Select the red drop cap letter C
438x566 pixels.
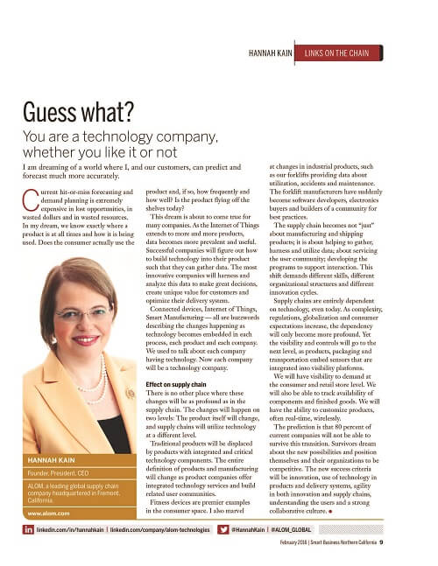[x=34, y=196]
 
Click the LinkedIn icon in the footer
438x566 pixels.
[x=28, y=530]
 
